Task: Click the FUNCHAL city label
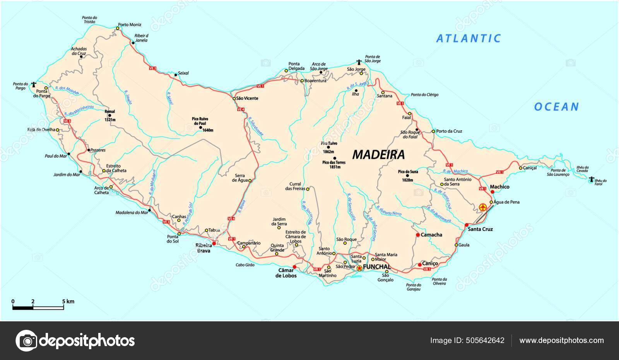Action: coord(377,267)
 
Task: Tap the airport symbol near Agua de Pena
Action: coord(482,207)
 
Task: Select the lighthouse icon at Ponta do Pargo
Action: coord(34,84)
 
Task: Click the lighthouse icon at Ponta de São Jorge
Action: coord(359,61)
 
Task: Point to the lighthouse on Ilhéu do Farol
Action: coord(591,179)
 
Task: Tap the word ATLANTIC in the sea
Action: coord(469,38)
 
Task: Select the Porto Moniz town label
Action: coord(130,25)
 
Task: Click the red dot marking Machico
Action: coord(492,192)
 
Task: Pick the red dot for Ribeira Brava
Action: coord(214,244)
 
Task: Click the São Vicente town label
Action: coord(248,99)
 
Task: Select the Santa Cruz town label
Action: coord(480,229)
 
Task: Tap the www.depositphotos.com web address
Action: coord(561,341)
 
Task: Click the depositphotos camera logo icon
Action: coord(26,341)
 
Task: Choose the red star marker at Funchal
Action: coord(359,268)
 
